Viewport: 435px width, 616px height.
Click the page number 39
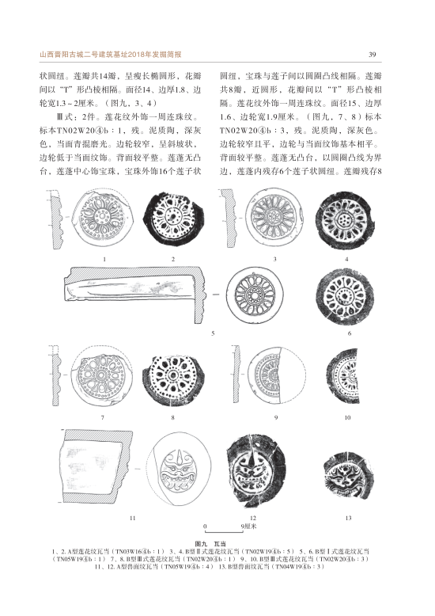(x=373, y=55)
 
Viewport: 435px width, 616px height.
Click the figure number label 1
(x=104, y=259)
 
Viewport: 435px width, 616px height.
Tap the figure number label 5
(x=213, y=333)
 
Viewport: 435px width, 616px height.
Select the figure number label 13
(x=348, y=518)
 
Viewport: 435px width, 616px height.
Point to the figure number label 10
(x=347, y=417)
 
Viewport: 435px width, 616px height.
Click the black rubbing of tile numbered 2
(x=173, y=219)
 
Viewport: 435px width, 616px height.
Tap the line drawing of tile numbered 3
(x=274, y=217)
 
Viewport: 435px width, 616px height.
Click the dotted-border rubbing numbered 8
(x=172, y=378)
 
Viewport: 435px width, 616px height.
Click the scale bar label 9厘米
(x=249, y=526)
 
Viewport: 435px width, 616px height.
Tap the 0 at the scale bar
(x=205, y=527)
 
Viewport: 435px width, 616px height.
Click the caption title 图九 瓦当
(x=216, y=544)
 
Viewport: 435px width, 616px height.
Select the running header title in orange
(x=110, y=55)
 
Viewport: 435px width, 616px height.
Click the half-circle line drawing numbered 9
(x=276, y=375)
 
